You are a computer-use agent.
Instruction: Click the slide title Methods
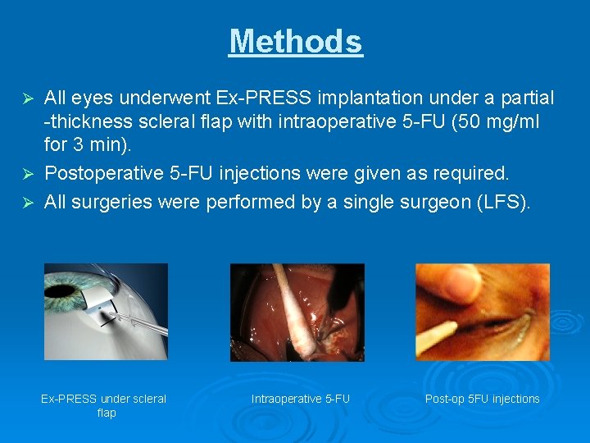295,41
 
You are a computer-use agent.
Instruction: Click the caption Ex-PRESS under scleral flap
104,405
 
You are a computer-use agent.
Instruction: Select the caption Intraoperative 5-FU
300,399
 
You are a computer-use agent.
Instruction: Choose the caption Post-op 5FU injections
482,399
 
